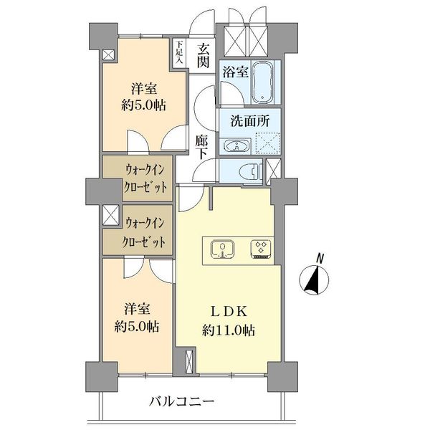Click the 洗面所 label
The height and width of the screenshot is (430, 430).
point(249,121)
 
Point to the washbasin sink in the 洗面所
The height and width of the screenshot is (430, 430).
point(234,147)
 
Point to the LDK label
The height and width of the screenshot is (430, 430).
point(229,313)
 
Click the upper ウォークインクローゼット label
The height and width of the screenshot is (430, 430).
point(137,178)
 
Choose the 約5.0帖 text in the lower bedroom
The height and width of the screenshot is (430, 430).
point(136,325)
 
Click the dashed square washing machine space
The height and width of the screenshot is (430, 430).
point(266,145)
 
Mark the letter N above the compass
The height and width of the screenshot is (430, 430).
point(320,258)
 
